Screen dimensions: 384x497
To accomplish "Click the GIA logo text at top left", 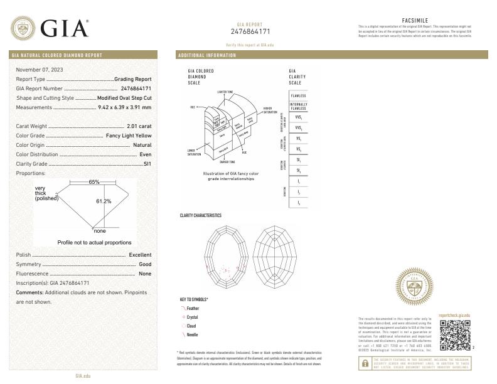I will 65,28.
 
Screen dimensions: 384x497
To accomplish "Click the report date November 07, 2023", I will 40,69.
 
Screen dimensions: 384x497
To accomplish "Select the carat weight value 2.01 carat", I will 139,126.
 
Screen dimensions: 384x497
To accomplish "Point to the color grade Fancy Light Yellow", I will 127,136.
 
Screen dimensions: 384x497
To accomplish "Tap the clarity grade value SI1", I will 147,163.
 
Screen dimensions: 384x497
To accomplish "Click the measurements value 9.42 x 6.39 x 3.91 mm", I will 125,107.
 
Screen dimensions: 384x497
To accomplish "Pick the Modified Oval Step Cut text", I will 124,98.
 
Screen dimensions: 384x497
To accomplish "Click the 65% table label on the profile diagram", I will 94,182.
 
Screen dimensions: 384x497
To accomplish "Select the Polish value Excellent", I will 140,255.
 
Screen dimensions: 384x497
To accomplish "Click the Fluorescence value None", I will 145,274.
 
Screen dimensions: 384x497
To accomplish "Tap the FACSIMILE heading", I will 414,21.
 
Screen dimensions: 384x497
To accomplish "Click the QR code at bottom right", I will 454,334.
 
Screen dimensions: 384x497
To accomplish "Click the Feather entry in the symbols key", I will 193,309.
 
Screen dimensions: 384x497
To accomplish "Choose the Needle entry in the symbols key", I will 192,334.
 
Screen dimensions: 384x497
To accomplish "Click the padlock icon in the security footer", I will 365,363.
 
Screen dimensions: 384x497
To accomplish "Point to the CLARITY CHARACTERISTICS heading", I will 201,215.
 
